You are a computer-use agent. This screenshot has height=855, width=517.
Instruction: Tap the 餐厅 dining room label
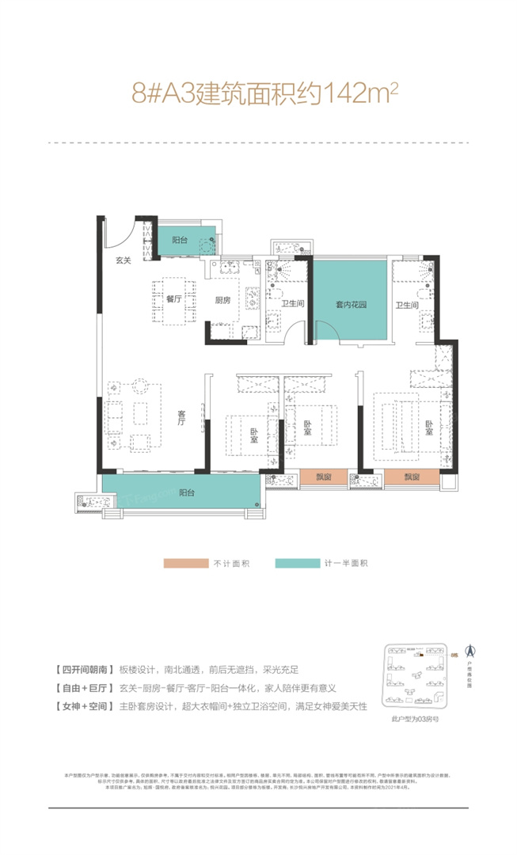point(174,300)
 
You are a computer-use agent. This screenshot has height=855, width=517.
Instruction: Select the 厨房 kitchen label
point(223,300)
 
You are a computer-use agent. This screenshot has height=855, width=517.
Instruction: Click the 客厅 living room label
point(181,418)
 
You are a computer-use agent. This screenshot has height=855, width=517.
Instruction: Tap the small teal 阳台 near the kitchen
point(181,239)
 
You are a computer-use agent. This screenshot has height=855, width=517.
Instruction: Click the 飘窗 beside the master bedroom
point(410,477)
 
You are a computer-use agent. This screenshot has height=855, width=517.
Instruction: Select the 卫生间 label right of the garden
point(407,304)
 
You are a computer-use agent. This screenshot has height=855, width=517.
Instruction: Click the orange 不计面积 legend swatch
point(184,564)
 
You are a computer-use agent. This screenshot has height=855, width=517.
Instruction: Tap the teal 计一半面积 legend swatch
point(298,564)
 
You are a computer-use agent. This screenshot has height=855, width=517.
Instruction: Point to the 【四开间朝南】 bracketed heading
point(81,648)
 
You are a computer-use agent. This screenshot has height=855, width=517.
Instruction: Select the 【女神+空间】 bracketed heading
point(81,682)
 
